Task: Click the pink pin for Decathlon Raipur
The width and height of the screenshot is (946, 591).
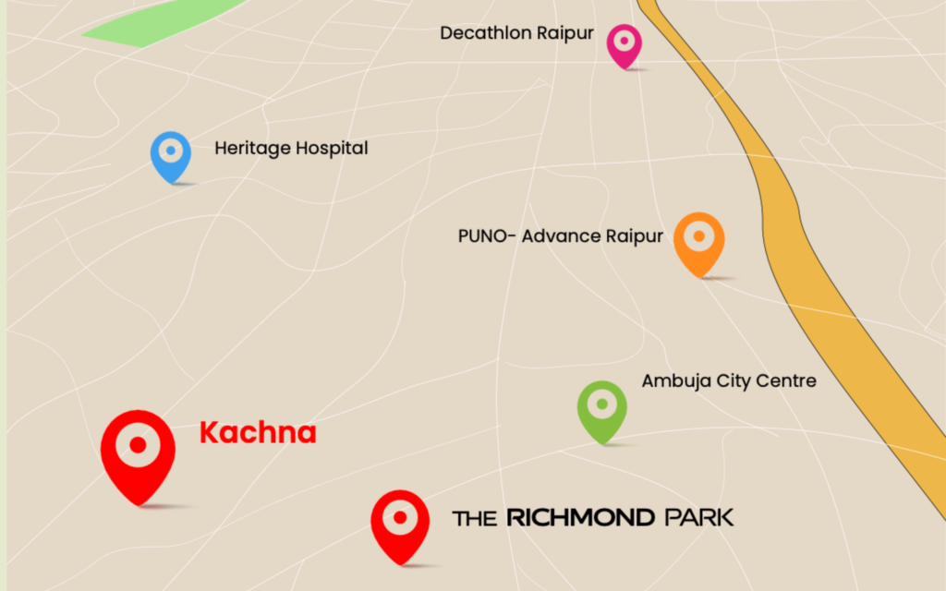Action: point(625,43)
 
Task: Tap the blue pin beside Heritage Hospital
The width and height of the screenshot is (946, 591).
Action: point(171,153)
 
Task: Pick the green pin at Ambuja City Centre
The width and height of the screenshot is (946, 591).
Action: point(602,407)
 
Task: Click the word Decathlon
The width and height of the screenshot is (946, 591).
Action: point(486,33)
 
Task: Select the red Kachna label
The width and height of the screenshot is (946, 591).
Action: point(258,433)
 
